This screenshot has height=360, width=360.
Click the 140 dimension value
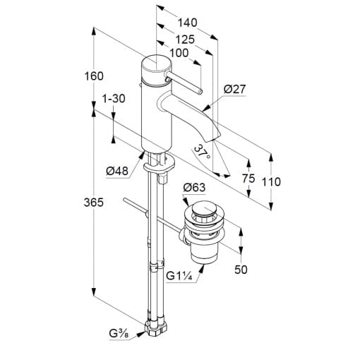pos(187,23)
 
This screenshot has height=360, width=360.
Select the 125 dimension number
pos(185,40)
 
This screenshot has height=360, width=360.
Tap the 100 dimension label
pos(179,53)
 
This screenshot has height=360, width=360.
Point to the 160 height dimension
pos(94,76)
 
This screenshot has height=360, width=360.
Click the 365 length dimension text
pos(94,203)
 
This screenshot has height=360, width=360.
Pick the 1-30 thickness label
pos(114,99)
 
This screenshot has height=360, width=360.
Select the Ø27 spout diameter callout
pos(234,89)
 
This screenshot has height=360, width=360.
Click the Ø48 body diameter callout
pos(117,171)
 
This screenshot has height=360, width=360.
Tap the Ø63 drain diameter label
pos(194,188)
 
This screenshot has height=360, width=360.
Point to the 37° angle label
pos(202,152)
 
